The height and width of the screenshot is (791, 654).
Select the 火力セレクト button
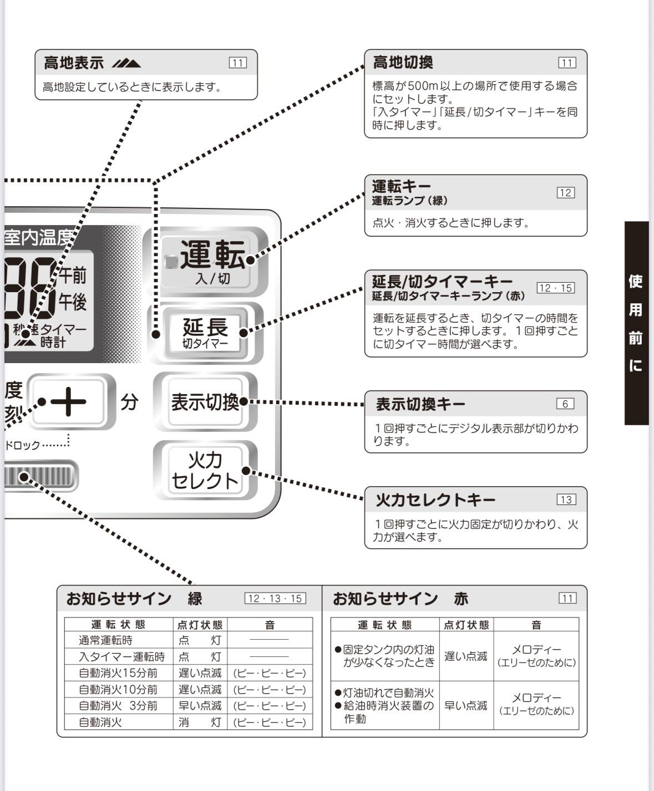pyautogui.click(x=205, y=471)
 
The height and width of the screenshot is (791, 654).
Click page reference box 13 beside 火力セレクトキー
pyautogui.click(x=566, y=499)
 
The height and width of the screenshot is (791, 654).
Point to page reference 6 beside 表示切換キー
pyautogui.click(x=565, y=404)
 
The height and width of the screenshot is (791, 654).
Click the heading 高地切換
pyautogui.click(x=403, y=63)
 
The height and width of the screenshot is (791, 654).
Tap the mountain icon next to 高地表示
pyautogui.click(x=126, y=63)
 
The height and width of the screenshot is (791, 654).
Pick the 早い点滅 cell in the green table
pyautogui.click(x=200, y=706)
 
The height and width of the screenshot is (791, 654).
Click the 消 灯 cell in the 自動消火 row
pyautogui.click(x=200, y=722)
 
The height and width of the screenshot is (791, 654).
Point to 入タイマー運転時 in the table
pyautogui.click(x=121, y=657)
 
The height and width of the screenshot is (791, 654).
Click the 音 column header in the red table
pyautogui.click(x=536, y=625)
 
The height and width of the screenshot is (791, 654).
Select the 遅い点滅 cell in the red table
pyautogui.click(x=466, y=656)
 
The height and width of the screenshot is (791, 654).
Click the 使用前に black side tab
pyautogui.click(x=636, y=323)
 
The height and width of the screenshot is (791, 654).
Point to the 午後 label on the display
pyautogui.click(x=73, y=303)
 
